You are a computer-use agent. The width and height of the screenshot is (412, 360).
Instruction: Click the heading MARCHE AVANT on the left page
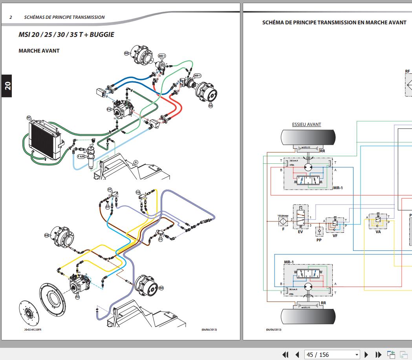39,51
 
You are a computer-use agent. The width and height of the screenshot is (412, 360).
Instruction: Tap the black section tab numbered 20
7,85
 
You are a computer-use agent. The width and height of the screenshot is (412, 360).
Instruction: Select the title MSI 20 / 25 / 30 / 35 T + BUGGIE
66,35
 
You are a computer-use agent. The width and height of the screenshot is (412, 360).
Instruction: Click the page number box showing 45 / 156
332,355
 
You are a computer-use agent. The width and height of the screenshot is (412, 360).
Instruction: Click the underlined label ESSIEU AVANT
306,124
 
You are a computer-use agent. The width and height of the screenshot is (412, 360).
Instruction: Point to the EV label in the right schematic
300,232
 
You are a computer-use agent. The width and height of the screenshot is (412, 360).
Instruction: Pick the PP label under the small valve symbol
319,240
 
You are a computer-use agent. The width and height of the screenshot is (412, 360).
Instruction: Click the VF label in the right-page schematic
335,236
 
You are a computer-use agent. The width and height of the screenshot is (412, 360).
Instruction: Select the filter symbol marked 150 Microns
283,221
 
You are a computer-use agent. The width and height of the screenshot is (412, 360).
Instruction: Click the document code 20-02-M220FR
33,329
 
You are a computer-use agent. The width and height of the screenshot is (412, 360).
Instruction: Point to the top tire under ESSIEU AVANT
308,138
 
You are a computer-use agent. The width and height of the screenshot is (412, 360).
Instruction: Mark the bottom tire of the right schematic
308,316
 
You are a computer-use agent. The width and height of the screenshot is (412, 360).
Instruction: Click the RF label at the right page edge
407,71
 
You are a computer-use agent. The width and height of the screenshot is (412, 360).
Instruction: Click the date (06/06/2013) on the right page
273,329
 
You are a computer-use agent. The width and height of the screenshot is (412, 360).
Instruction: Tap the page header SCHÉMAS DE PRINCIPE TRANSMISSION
64,17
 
